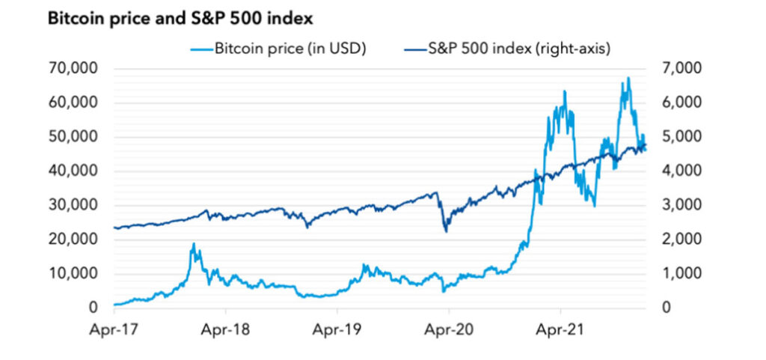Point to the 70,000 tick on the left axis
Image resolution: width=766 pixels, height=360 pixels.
coord(73,68)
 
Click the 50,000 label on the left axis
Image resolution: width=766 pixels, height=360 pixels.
coord(73,137)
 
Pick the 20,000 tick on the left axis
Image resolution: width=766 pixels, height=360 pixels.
coord(73,240)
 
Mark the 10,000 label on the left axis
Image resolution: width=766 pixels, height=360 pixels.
coord(73,274)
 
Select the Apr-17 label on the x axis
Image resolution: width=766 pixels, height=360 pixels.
coord(114,328)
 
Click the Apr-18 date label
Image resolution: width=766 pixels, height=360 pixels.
coord(225,328)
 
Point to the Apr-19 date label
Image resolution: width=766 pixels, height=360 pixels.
coord(337,328)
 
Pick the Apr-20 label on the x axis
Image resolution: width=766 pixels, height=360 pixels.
coord(449,328)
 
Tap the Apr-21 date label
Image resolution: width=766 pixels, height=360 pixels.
coord(560,328)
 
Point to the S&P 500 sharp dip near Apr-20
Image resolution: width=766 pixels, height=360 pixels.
coord(447,231)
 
